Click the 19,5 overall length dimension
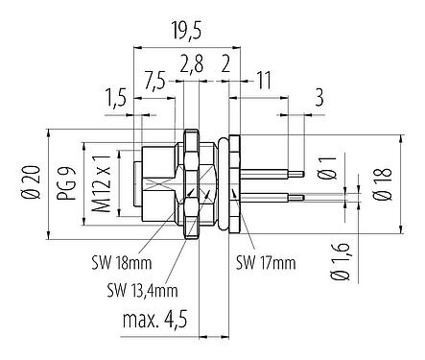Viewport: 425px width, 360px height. click(x=186, y=31)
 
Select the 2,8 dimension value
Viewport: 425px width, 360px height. click(x=191, y=64)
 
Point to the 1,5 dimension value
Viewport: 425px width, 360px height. click(x=114, y=98)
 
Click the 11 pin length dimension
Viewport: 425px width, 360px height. click(x=264, y=81)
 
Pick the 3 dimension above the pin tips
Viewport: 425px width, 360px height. click(x=319, y=98)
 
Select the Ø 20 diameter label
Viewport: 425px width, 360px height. click(x=34, y=182)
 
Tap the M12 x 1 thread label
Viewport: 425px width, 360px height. click(x=102, y=183)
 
